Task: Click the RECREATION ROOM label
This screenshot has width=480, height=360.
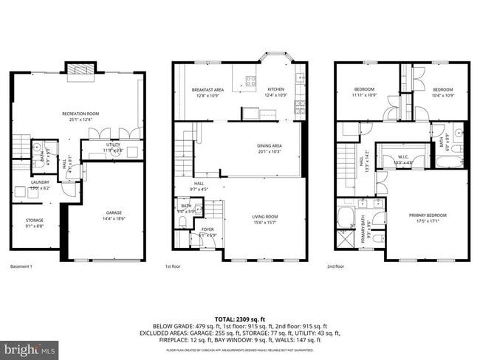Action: pyautogui.click(x=80, y=114)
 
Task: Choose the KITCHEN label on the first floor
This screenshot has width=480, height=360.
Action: pyautogui.click(x=275, y=89)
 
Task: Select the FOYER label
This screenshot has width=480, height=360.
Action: pyautogui.click(x=208, y=230)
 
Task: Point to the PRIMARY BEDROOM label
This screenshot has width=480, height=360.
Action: pyautogui.click(x=428, y=215)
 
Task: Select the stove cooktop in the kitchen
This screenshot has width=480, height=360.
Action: pyautogui.click(x=250, y=81)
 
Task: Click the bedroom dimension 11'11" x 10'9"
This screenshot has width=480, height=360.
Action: pyautogui.click(x=364, y=94)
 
